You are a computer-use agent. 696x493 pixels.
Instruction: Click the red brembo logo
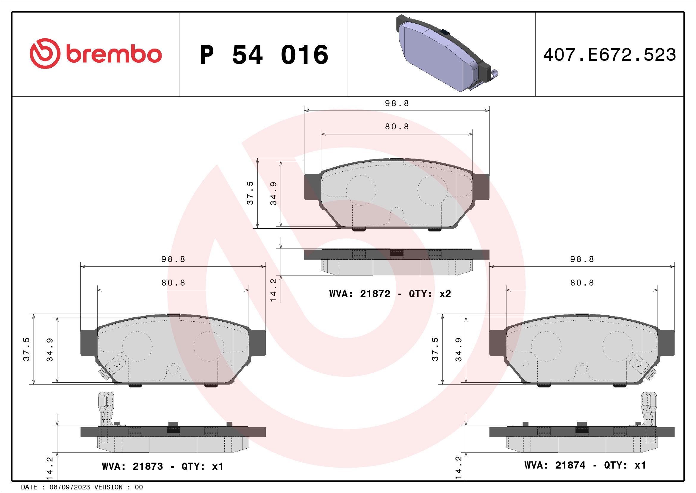(x=96, y=54)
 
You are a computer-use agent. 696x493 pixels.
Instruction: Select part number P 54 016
(x=264, y=55)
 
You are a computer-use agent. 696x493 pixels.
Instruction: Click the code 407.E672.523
(x=609, y=55)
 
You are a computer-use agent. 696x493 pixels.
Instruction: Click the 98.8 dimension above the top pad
(x=397, y=103)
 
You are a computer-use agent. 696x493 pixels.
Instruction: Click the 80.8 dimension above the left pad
(x=173, y=283)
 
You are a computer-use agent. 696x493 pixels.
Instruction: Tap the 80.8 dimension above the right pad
(x=582, y=283)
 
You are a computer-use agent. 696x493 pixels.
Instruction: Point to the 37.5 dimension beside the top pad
(x=250, y=193)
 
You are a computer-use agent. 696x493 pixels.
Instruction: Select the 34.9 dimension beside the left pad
(x=50, y=350)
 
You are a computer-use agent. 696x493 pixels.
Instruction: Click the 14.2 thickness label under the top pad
(x=273, y=290)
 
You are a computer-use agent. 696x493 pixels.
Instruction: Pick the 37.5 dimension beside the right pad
(x=435, y=349)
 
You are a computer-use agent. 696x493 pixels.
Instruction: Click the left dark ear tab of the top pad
(x=312, y=187)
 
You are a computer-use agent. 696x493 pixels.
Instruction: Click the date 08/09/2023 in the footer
(x=69, y=487)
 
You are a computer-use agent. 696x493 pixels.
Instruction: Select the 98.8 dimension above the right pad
(x=582, y=259)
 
